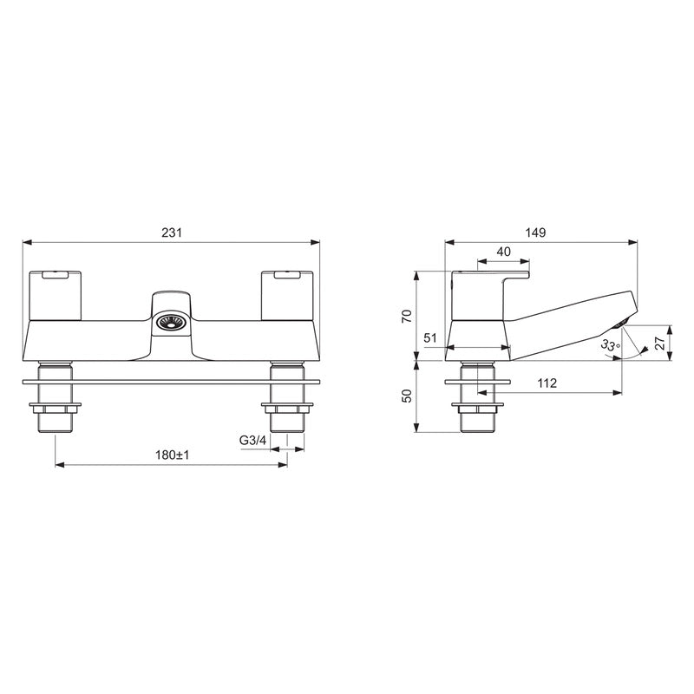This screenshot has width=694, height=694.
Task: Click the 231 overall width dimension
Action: coord(171,232)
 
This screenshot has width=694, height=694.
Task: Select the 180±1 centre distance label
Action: coord(171,455)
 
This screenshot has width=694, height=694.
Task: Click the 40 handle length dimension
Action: coord(503,252)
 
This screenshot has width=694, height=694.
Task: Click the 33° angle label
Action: coord(611,345)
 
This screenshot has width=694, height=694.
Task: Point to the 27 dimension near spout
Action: coord(660,343)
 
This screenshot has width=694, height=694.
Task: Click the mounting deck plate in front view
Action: coord(171,381)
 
